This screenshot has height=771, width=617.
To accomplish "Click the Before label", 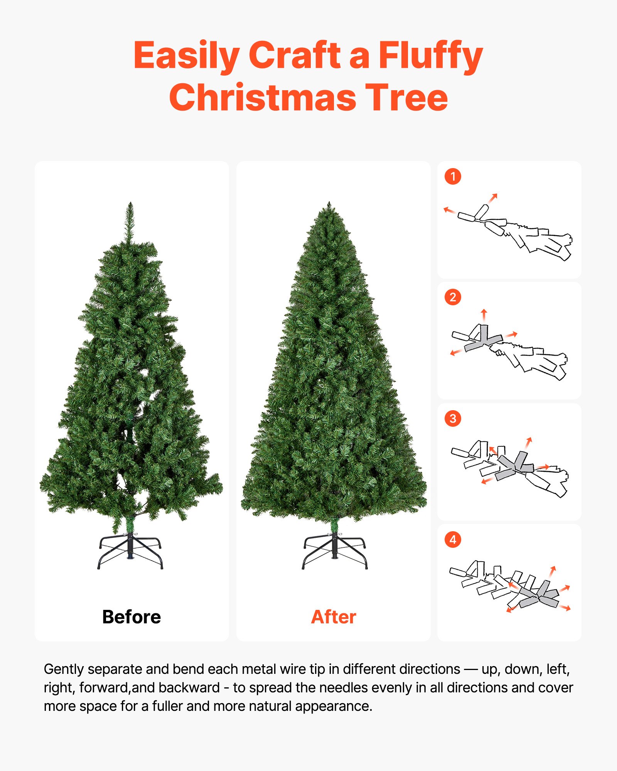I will click(x=131, y=617).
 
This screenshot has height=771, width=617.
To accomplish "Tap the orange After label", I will click(x=334, y=617).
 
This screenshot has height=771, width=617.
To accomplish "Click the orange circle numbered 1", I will click(x=453, y=177).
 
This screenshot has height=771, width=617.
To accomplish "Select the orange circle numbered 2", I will click(x=453, y=297).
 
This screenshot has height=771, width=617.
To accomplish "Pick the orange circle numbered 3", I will click(x=453, y=419).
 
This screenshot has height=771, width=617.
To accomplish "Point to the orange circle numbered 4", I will click(x=453, y=540).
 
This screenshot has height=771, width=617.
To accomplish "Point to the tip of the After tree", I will click(x=329, y=204).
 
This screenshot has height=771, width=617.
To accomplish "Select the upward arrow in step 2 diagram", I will click(x=484, y=314).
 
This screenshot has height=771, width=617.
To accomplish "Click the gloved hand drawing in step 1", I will click(x=540, y=241).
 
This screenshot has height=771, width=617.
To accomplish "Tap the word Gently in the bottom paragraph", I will click(x=64, y=670).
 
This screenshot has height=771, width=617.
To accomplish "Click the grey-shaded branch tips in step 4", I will click(x=540, y=596).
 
